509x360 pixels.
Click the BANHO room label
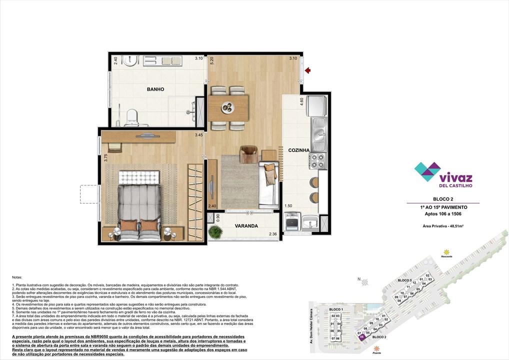[x=155, y=89]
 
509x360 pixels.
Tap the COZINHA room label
[x=299, y=150]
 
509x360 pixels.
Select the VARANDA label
[x=246, y=226]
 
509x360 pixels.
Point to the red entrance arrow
[x=308, y=70]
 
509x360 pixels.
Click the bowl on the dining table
[x=227, y=106]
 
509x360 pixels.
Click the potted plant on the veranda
[x=216, y=232]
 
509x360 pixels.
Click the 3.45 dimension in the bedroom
[x=199, y=135]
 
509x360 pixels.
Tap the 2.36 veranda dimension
[x=273, y=234]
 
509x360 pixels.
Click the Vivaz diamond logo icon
[x=427, y=171]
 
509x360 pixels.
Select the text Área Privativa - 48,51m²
[x=442, y=226]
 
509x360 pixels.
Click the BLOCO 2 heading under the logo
[x=442, y=198]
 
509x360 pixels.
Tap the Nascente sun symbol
[x=446, y=252]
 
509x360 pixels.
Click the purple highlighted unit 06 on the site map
[x=361, y=337]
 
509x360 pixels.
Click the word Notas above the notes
[x=17, y=276]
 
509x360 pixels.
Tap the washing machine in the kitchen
[x=292, y=221]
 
